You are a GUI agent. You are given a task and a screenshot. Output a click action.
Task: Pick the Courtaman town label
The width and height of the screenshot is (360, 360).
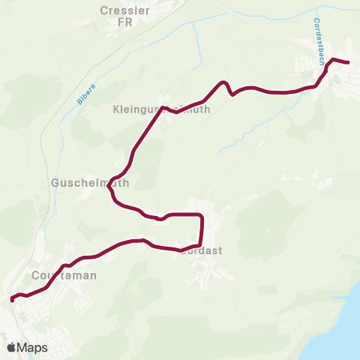[x=64, y=275]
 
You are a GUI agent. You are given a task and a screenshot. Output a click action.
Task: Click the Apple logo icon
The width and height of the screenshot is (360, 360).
[x=12, y=347]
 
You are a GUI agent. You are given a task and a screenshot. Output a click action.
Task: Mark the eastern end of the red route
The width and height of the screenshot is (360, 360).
[x=349, y=62]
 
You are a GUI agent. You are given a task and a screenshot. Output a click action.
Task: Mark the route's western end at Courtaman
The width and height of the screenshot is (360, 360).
[x=12, y=299]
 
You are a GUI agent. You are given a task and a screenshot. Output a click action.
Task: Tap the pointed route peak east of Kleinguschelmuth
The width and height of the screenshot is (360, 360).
[x=223, y=82]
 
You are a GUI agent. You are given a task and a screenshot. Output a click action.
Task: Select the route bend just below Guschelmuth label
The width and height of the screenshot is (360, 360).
[x=112, y=193]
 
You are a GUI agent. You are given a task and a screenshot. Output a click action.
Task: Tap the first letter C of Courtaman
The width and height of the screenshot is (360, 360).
[x=37, y=275]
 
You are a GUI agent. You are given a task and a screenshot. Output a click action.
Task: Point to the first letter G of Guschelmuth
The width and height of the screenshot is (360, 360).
[x=54, y=182]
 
